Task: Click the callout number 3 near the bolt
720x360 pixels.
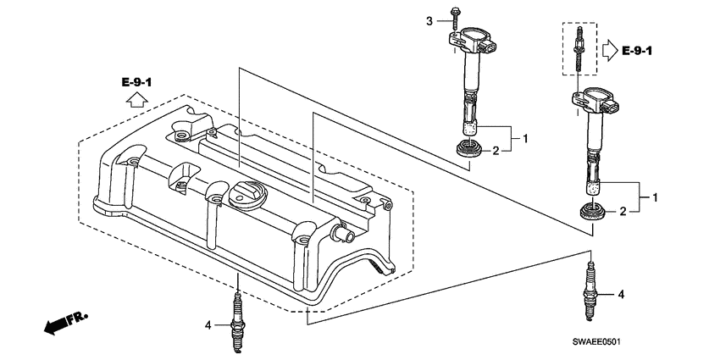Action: (x=429, y=20)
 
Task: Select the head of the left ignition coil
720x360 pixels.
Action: (x=474, y=42)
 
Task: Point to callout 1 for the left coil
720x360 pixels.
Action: (x=525, y=137)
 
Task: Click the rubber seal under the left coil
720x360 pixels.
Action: (x=468, y=151)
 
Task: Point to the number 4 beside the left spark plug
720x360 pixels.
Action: (x=207, y=324)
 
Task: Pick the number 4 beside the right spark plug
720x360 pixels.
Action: (x=621, y=295)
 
